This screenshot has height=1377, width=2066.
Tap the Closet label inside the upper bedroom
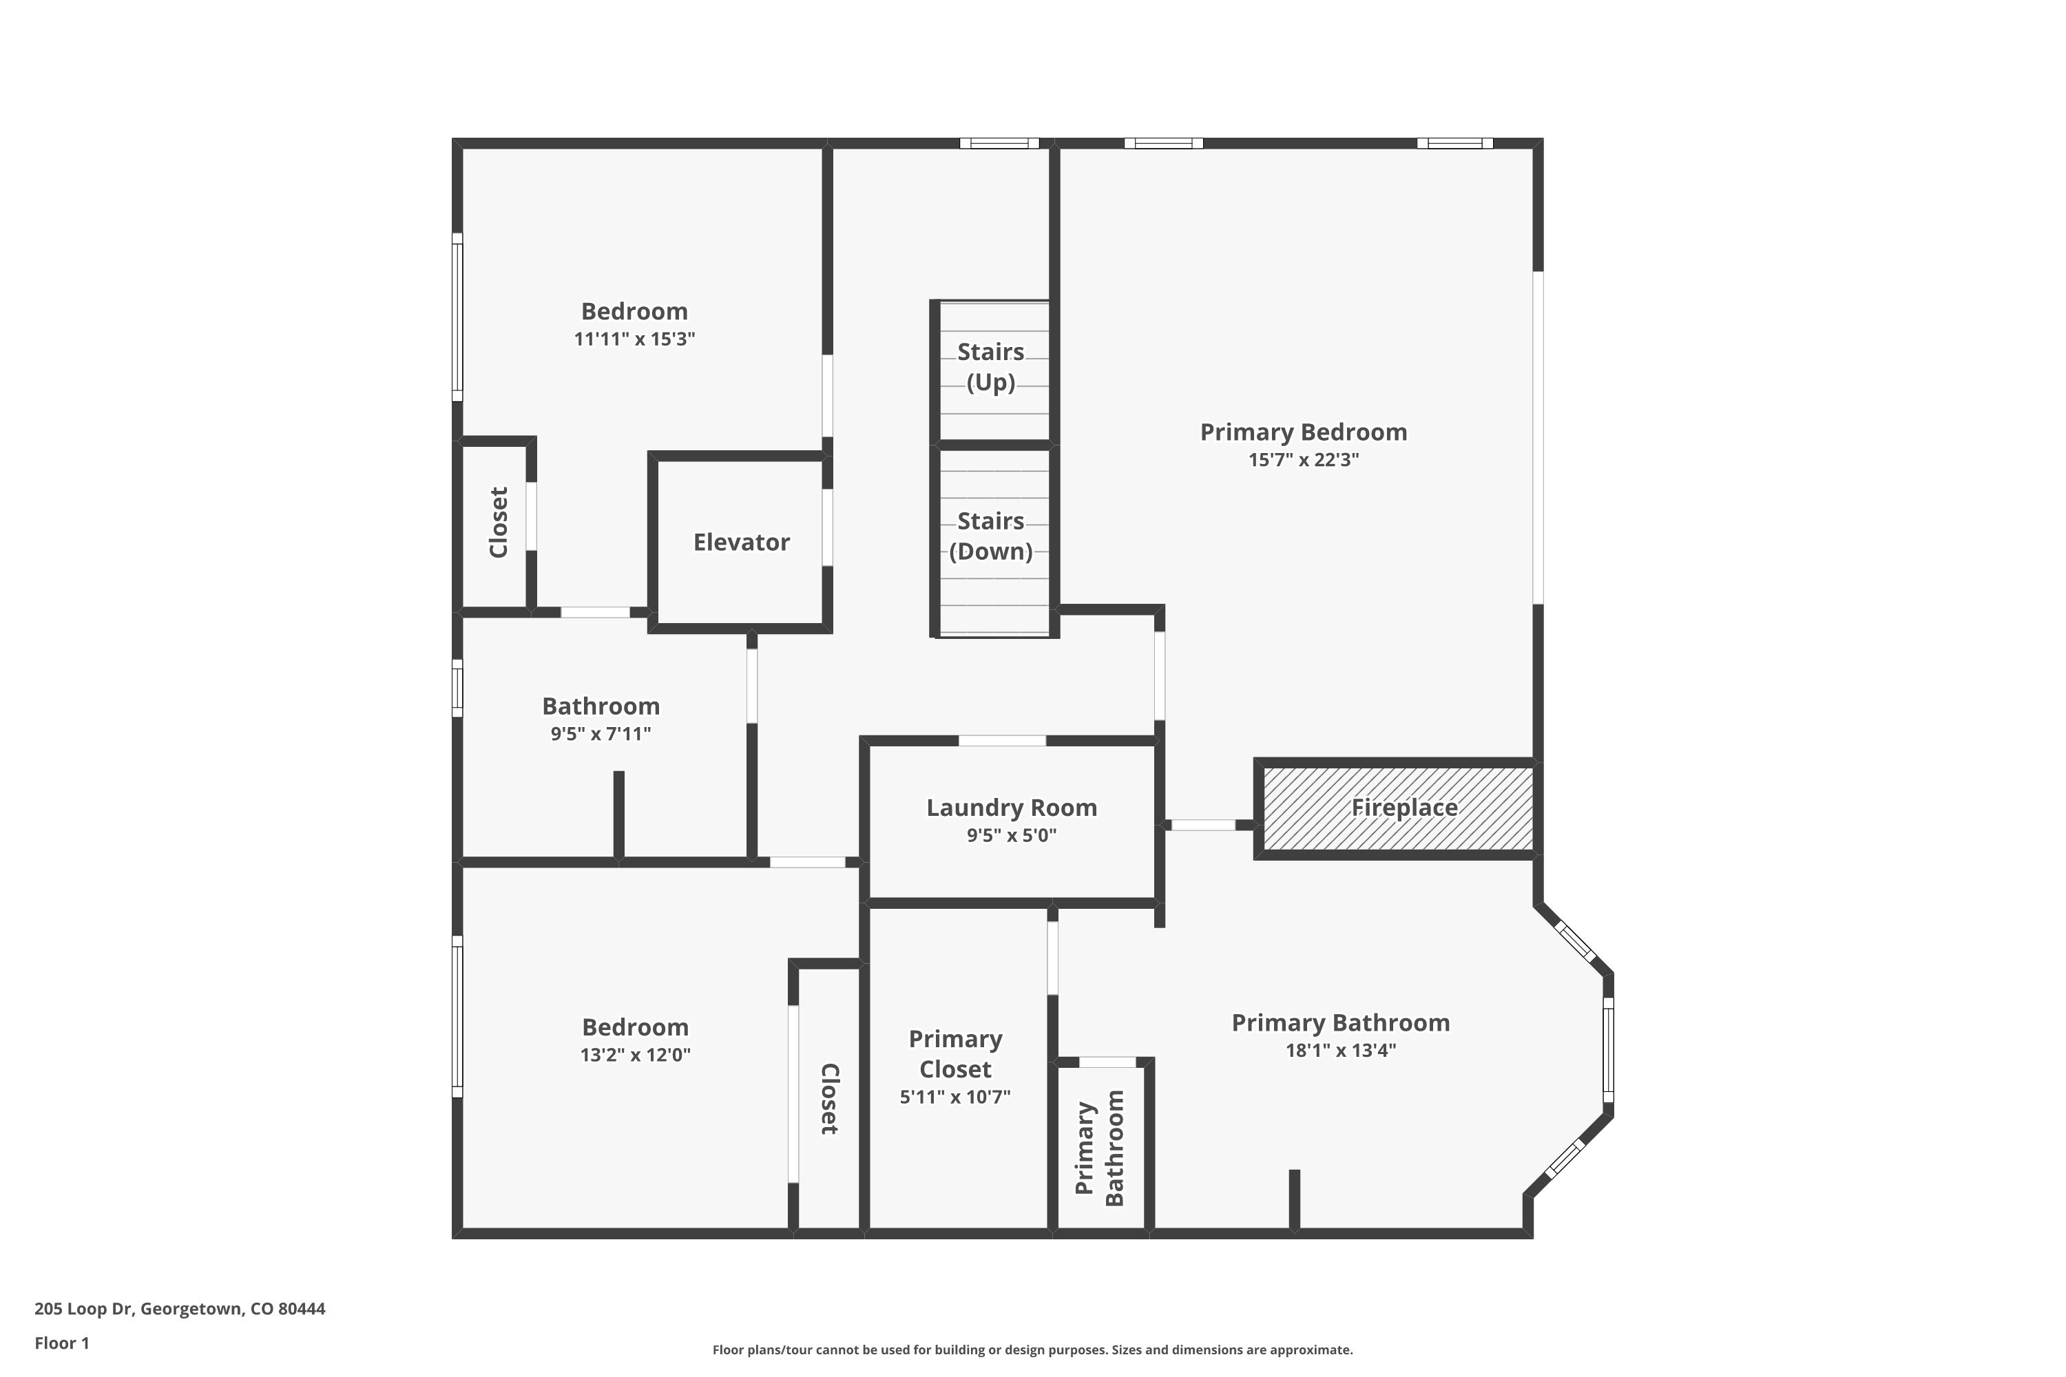[x=498, y=523]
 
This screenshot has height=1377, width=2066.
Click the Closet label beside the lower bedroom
[x=829, y=1099]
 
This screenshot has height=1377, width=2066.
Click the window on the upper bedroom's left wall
[x=457, y=317]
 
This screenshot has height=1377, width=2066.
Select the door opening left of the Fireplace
[x=1203, y=825]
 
